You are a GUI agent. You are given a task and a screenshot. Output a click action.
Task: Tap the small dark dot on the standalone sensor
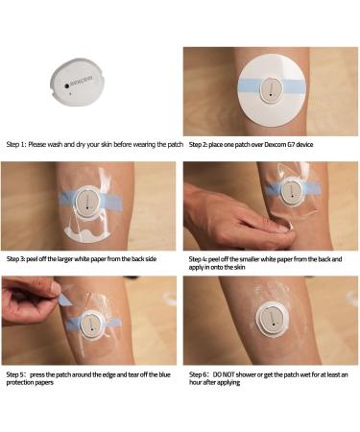67,84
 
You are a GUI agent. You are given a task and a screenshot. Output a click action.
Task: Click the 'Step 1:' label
20,144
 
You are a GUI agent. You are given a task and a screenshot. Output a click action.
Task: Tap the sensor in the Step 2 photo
273,92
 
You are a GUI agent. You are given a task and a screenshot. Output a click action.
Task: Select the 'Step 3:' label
20,258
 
